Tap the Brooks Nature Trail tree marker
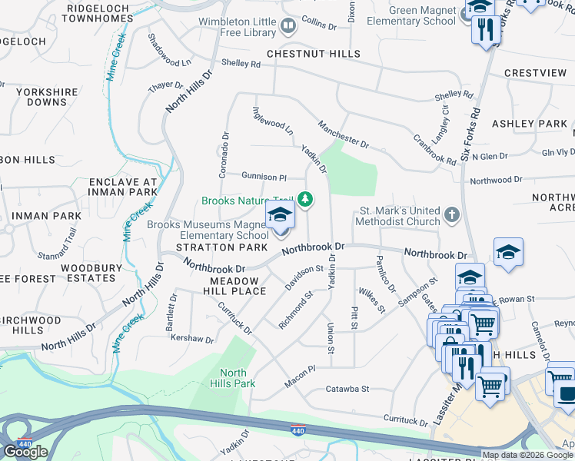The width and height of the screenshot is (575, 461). [x=306, y=200]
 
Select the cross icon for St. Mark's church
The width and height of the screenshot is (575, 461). [x=453, y=216]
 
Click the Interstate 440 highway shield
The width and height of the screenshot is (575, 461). [x=298, y=429]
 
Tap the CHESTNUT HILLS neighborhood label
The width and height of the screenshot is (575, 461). [x=313, y=54]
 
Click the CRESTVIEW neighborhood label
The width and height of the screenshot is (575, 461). [x=535, y=73]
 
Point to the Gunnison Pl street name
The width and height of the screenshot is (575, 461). [x=264, y=176]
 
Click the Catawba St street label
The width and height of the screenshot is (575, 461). [x=347, y=389]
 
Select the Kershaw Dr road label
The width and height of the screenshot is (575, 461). [x=191, y=339]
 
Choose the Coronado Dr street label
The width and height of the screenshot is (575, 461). [x=224, y=154]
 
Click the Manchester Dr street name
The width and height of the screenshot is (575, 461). [x=343, y=131]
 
